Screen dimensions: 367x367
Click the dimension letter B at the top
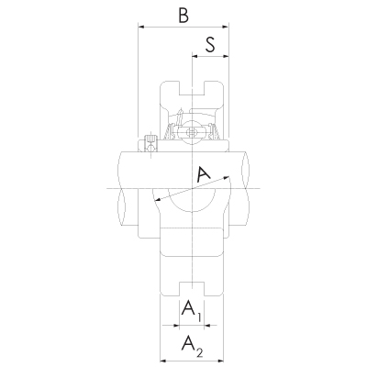[183, 16]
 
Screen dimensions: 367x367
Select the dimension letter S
[210, 45]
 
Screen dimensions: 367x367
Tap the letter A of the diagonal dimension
[203, 173]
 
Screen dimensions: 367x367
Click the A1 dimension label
[191, 310]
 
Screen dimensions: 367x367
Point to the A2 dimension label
[192, 346]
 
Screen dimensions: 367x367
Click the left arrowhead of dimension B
[141, 27]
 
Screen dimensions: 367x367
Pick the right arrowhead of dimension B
[226, 27]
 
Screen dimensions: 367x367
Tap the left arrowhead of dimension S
[195, 56]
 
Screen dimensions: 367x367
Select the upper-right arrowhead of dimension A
[227, 177]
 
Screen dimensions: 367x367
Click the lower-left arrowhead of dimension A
[158, 200]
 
